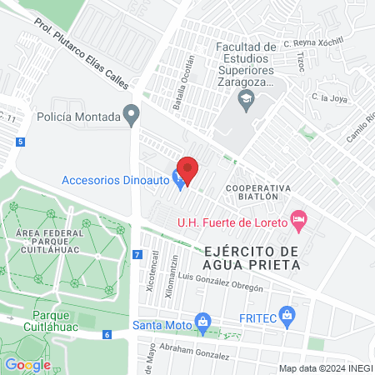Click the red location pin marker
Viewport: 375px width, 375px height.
(x=188, y=170)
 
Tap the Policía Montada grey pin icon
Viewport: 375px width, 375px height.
(x=131, y=114)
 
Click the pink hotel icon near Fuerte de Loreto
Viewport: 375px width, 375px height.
(x=298, y=220)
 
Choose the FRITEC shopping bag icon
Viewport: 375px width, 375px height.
(x=287, y=315)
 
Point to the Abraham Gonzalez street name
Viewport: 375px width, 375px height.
(x=194, y=352)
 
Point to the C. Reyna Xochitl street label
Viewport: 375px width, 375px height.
(x=312, y=42)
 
